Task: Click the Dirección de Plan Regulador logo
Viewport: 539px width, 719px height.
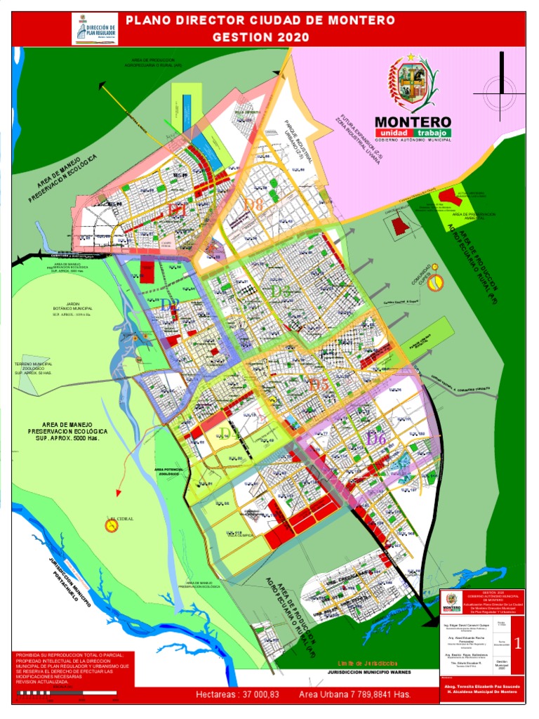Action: pos(94,29)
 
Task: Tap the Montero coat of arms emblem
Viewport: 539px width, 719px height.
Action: pos(412,84)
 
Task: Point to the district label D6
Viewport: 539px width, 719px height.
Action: pos(376,439)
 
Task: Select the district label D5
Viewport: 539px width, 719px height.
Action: pos(318,384)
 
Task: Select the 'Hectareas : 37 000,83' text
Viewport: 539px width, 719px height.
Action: pos(237,694)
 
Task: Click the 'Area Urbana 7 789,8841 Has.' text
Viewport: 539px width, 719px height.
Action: pos(354,694)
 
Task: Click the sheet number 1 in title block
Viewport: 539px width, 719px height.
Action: pos(517,642)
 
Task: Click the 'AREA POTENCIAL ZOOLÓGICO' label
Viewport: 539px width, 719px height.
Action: pos(168,472)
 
